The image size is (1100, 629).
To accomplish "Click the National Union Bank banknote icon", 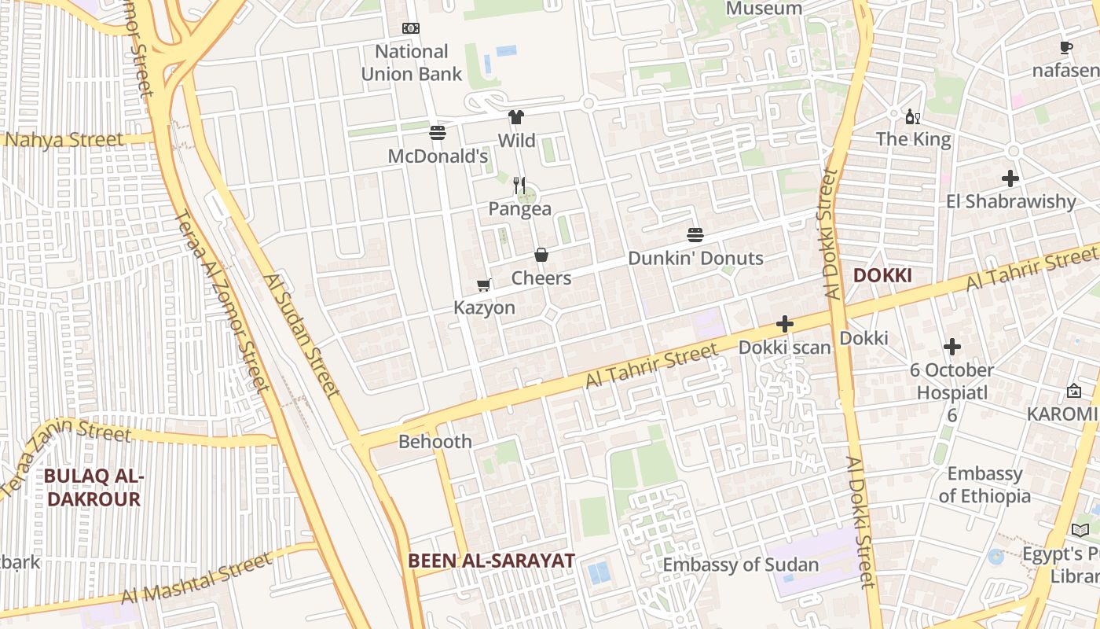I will [411, 28].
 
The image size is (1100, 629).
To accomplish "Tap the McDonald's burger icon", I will [438, 132].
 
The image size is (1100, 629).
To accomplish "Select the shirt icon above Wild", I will [515, 117].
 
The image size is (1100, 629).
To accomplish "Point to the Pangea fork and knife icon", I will [519, 186].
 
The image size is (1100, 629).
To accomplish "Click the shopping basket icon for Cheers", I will [541, 255].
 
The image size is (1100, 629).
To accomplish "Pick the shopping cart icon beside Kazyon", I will [484, 285].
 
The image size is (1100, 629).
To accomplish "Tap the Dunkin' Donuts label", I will [695, 258].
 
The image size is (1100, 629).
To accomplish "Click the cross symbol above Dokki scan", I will [784, 323].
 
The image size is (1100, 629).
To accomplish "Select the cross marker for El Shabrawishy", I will [1010, 178].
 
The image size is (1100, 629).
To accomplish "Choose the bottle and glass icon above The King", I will [912, 117].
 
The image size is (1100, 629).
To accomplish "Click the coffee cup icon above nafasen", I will [1066, 48].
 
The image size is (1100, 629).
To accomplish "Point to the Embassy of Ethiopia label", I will [984, 485].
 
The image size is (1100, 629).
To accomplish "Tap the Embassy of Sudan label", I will [740, 565].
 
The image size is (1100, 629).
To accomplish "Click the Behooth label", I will [435, 441].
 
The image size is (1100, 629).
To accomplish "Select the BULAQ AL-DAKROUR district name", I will [93, 487].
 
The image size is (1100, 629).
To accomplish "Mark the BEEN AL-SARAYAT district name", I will [491, 561].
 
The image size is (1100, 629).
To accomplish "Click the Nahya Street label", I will [63, 141].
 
